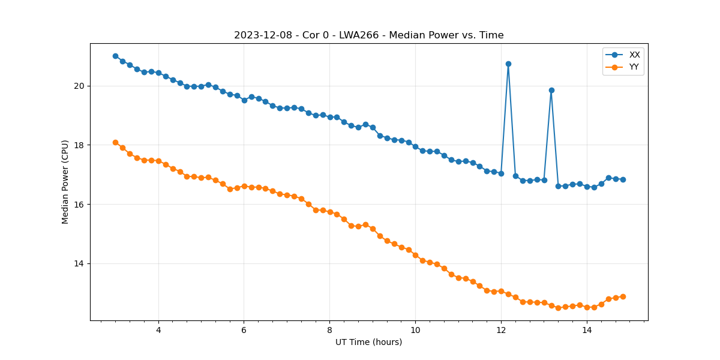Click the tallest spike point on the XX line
(508, 64)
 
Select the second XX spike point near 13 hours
(551, 90)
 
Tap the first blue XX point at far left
(115, 56)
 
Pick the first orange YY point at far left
(115, 142)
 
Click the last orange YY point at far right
(623, 296)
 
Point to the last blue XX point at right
(623, 179)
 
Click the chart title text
(368, 35)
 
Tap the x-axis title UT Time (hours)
(368, 342)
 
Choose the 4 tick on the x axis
(158, 330)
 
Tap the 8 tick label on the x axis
(329, 330)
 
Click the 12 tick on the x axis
(501, 330)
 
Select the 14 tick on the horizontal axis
(587, 330)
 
